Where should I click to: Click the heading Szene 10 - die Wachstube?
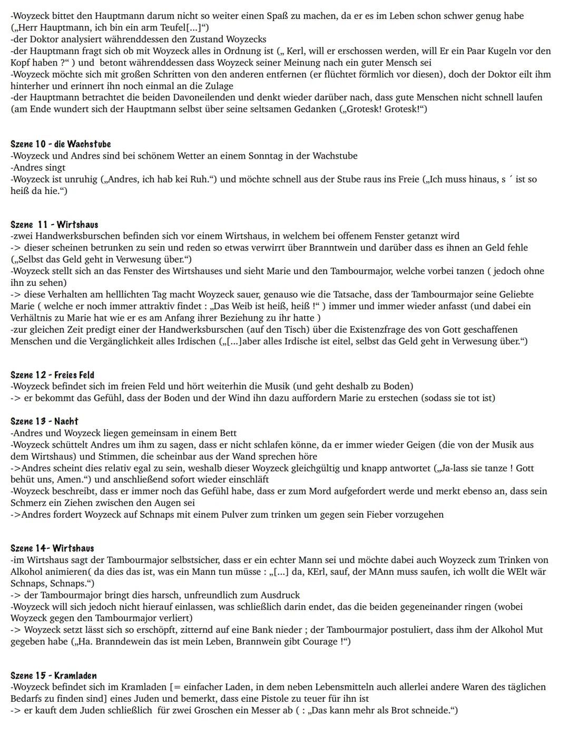[61, 144]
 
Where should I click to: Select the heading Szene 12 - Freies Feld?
[52, 375]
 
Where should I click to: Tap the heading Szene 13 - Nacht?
[44, 421]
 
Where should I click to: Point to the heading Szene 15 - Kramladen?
[53, 675]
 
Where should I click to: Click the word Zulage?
[217, 86]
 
